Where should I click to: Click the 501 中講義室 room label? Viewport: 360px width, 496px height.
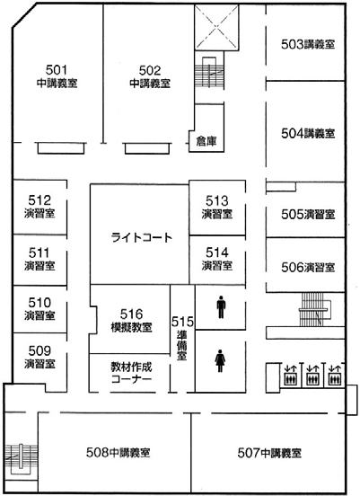click(x=57, y=75)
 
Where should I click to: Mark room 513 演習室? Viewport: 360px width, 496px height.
click(x=217, y=207)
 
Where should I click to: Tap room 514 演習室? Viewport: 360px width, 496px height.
click(x=217, y=259)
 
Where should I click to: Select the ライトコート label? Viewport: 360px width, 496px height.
click(x=141, y=238)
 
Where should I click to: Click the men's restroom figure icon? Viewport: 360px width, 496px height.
click(x=221, y=308)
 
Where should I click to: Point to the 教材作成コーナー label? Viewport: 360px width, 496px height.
click(x=130, y=374)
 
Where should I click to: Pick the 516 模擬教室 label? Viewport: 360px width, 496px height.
click(x=132, y=319)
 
